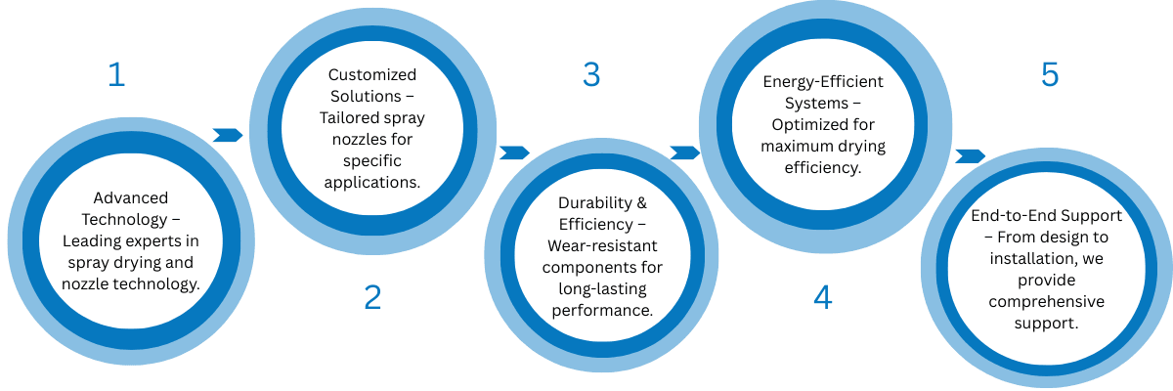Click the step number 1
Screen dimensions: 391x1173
tap(116, 75)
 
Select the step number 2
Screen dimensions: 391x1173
tap(372, 297)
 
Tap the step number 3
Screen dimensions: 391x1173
tap(590, 75)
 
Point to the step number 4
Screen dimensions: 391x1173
tap(823, 297)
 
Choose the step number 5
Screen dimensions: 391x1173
tap(1049, 75)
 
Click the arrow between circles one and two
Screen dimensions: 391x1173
tap(227, 135)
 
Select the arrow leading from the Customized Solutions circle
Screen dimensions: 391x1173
tap(514, 152)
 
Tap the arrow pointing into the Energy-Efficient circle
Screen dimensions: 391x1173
tap(685, 152)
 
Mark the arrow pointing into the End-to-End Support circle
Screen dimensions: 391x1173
tap(970, 156)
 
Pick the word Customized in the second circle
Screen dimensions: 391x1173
tap(372, 75)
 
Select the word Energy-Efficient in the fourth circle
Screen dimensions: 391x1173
tap(823, 81)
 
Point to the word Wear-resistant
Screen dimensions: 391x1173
tap(602, 246)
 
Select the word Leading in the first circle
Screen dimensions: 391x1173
tap(92, 240)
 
